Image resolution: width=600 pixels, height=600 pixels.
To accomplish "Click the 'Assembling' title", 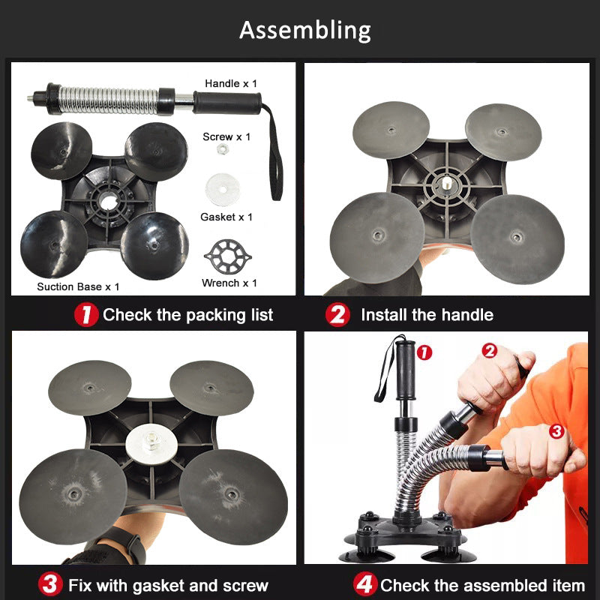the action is pyautogui.click(x=305, y=30).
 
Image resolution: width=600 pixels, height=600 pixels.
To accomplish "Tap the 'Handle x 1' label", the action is pyautogui.click(x=231, y=83).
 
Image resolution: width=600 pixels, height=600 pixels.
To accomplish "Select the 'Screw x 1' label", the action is pyautogui.click(x=226, y=136).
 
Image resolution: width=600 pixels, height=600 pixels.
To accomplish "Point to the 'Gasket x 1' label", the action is pyautogui.click(x=226, y=217).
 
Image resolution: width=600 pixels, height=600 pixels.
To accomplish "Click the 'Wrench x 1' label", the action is pyautogui.click(x=229, y=283).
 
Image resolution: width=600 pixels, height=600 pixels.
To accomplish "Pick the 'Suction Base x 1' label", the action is pyautogui.click(x=78, y=286).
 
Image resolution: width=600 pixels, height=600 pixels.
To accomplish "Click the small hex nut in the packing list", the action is pyautogui.click(x=221, y=148).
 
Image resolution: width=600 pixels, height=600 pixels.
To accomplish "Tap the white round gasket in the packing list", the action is pyautogui.click(x=222, y=190).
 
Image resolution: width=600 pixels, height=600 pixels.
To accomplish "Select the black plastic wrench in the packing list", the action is pyautogui.click(x=228, y=256).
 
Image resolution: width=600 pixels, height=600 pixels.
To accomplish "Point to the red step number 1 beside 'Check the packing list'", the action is pyautogui.click(x=86, y=314).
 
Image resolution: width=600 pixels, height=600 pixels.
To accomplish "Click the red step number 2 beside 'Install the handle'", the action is pyautogui.click(x=337, y=314).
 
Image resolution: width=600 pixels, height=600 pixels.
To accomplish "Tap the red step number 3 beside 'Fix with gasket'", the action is pyautogui.click(x=50, y=584).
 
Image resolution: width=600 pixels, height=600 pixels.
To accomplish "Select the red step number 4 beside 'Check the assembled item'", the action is pyautogui.click(x=365, y=584).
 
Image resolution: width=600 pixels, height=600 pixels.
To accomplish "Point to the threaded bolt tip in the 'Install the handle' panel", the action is pyautogui.click(x=446, y=183).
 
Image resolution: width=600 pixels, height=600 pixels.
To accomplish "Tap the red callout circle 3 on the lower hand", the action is pyautogui.click(x=556, y=431).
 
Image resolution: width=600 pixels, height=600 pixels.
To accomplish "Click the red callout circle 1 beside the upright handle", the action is pyautogui.click(x=424, y=352).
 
